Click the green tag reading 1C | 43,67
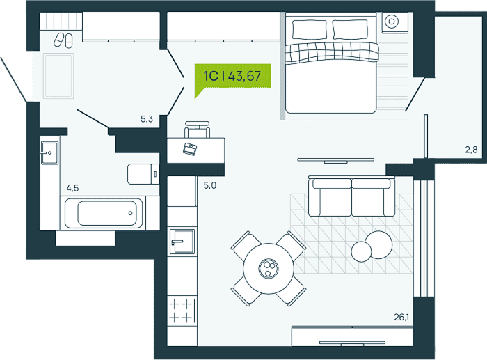click(x=232, y=76)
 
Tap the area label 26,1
click(x=401, y=317)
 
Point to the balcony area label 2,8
click(x=471, y=150)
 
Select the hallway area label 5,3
click(x=147, y=119)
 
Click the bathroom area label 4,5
click(x=72, y=188)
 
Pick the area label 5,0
click(x=210, y=186)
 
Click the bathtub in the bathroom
click(x=105, y=213)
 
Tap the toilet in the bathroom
click(x=143, y=174)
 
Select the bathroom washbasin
click(x=49, y=152)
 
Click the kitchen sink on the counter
click(x=182, y=242)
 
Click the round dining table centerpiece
click(x=269, y=268)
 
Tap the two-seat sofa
click(x=351, y=196)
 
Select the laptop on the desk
click(x=190, y=149)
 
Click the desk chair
click(x=197, y=129)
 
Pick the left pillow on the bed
click(x=310, y=30)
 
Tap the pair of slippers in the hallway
click(x=63, y=40)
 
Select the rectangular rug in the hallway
click(x=58, y=76)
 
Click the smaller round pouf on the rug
click(x=361, y=251)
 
